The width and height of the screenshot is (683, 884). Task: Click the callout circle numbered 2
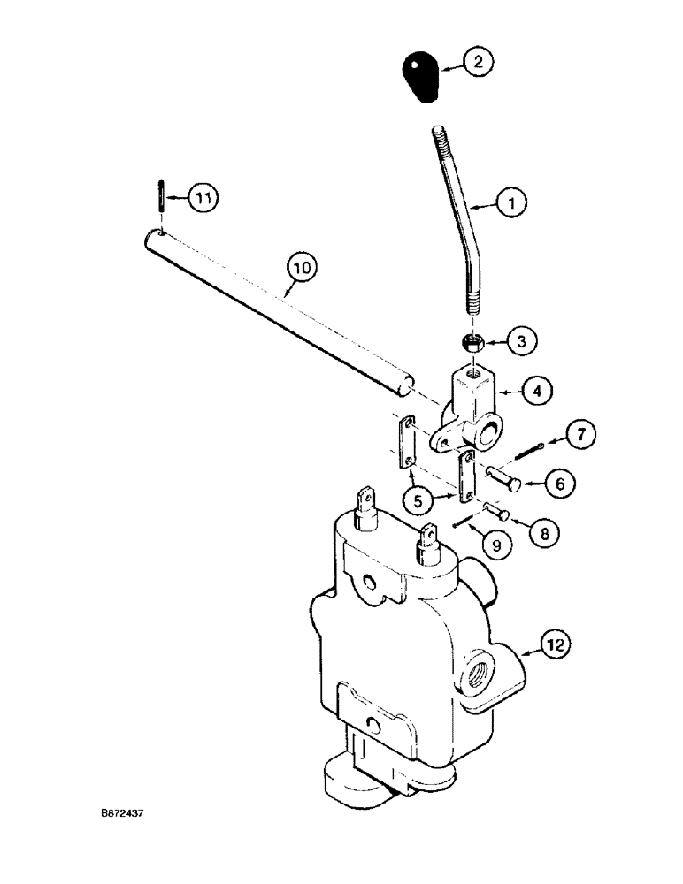click(479, 62)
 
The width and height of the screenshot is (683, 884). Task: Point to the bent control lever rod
click(461, 221)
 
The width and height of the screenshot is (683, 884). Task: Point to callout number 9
click(496, 546)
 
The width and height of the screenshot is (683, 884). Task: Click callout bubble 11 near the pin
click(203, 198)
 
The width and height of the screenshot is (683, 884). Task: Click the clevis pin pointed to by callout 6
click(505, 478)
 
